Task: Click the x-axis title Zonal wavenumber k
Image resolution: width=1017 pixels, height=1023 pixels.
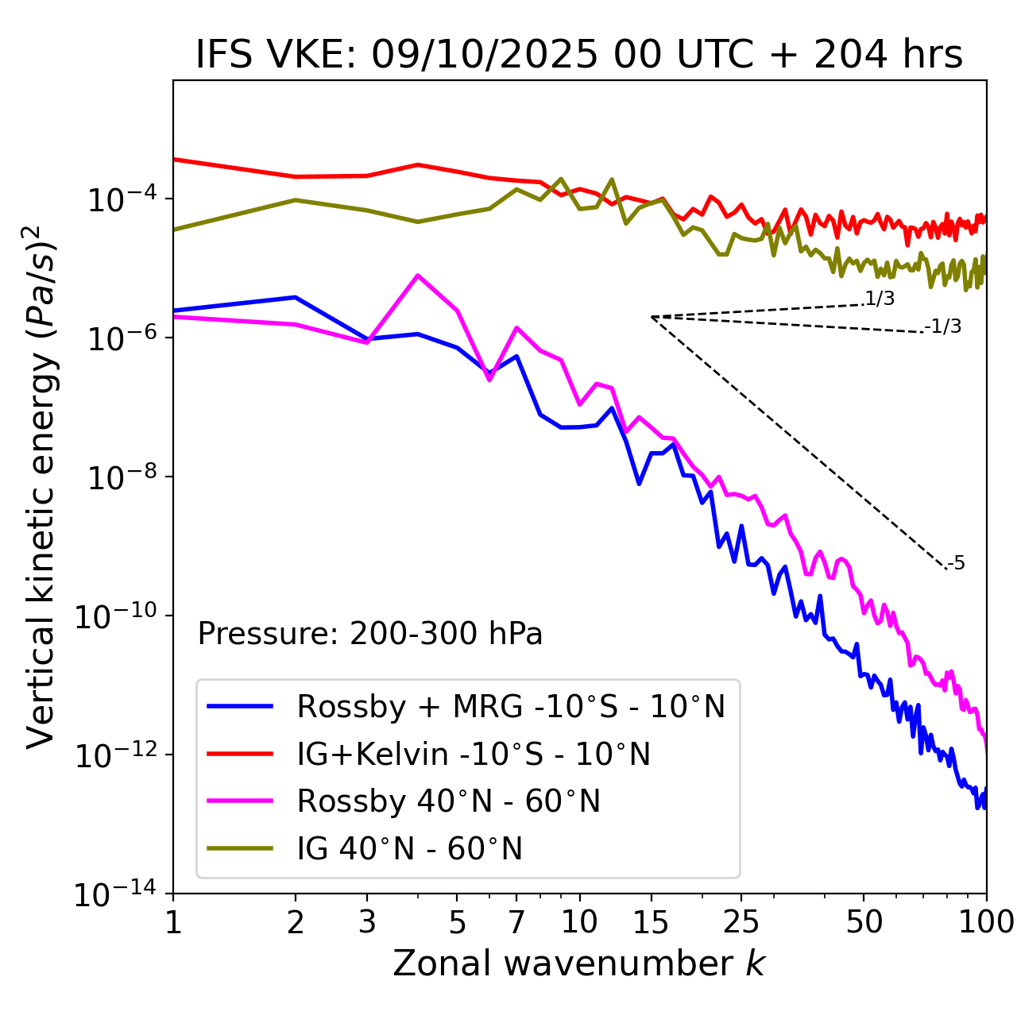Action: (579, 963)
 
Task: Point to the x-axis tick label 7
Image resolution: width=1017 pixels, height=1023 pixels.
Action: (516, 922)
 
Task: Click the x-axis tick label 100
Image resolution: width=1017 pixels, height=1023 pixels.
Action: (986, 922)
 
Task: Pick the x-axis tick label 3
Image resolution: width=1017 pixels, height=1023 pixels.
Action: (367, 922)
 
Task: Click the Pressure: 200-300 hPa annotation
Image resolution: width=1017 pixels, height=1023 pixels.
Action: (370, 634)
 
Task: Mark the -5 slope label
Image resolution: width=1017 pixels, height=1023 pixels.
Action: (957, 564)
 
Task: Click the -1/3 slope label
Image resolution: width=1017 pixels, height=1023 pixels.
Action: (944, 326)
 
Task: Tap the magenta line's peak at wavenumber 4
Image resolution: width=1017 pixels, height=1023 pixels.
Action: (418, 276)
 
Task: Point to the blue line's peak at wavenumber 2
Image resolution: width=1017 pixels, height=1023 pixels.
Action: (296, 297)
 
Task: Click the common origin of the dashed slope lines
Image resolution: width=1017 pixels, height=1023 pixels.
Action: (652, 317)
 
